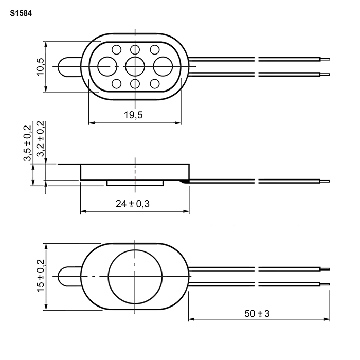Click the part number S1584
point(21,14)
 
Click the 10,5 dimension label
point(40,66)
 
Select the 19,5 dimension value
point(133,115)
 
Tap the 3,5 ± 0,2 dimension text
point(27,143)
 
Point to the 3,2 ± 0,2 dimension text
point(41,139)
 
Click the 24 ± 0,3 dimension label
point(133,204)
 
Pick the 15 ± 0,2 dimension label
point(41,276)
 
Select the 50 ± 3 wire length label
point(257,313)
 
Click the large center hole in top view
point(135,66)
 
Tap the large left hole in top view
point(107,66)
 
